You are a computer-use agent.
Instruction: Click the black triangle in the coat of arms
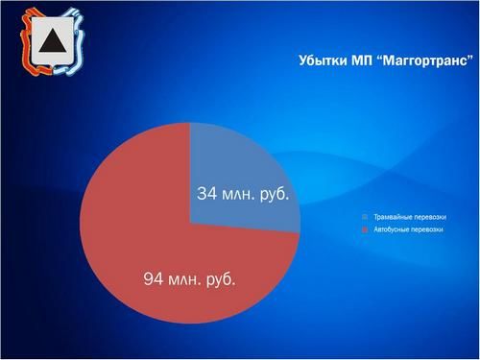50,43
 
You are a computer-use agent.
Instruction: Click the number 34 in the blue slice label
207,194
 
